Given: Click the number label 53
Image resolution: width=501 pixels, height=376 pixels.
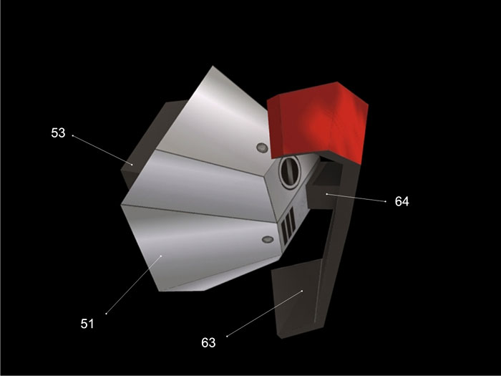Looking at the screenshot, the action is [x=58, y=132].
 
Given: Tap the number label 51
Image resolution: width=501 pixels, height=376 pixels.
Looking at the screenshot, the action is [x=87, y=324].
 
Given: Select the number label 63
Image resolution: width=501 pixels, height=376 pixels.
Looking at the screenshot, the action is [x=208, y=343].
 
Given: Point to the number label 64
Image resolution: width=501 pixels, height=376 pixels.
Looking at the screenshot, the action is [x=402, y=201].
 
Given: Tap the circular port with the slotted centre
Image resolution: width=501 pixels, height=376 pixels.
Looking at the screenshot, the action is [x=290, y=173].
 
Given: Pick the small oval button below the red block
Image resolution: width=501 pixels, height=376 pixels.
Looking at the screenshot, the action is [x=263, y=148].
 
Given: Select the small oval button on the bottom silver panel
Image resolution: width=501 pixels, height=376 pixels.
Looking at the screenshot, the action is [x=268, y=239].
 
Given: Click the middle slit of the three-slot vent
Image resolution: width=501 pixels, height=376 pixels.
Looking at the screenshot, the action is [x=288, y=224].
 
